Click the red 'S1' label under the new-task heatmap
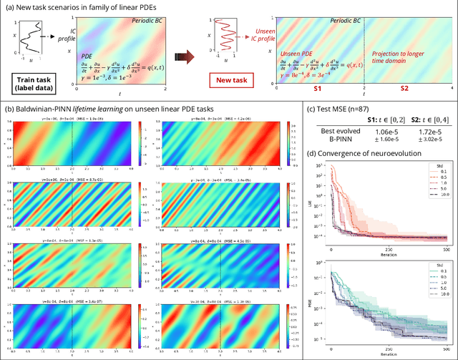pos(316,94)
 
